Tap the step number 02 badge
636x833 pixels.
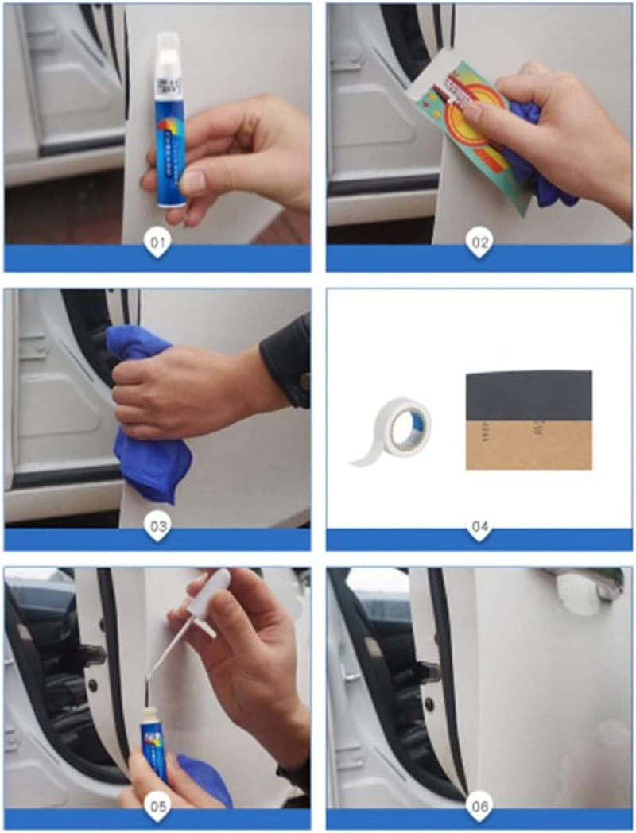pos(478,243)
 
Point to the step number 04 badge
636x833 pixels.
pos(478,525)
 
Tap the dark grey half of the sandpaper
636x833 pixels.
pos(529,394)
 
